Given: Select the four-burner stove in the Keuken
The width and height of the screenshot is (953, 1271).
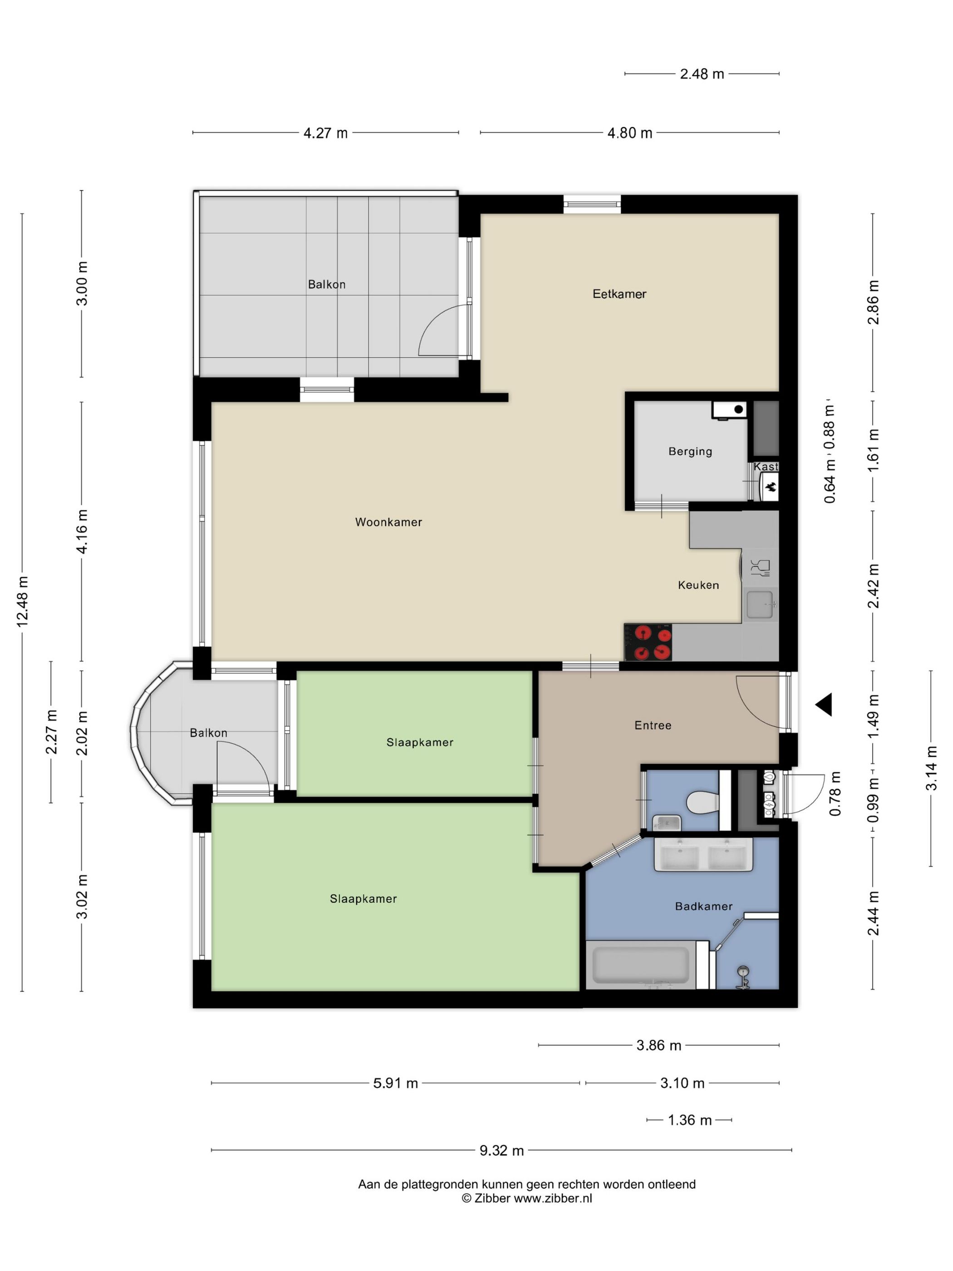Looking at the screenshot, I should (648, 642).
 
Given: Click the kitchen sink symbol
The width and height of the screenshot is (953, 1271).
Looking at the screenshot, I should (760, 605).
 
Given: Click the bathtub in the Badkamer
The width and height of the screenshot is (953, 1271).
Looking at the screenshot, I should (640, 965).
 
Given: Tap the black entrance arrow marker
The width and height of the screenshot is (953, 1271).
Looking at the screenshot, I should (824, 704).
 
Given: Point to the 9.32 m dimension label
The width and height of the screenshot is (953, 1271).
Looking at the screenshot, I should (501, 1150).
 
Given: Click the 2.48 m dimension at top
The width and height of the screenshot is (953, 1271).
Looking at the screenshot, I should (702, 74).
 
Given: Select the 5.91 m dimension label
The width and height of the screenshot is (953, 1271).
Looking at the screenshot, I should (395, 1083).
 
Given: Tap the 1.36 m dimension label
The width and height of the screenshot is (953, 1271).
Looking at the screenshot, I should (689, 1120).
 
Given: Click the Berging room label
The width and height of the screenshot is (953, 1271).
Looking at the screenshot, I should (690, 451).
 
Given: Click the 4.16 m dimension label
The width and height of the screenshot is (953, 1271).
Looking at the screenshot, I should (82, 531).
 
